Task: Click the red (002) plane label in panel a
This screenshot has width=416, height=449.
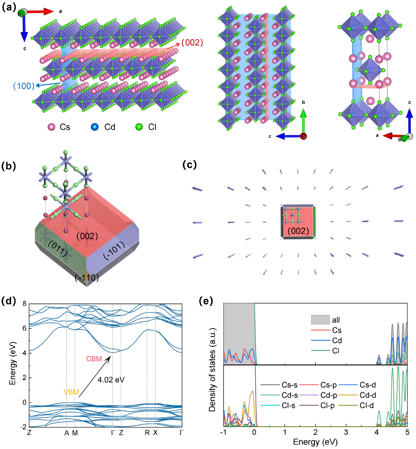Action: (x=192, y=43)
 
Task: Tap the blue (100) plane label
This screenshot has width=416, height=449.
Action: (x=24, y=86)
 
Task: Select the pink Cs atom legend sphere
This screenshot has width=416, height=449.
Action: (x=51, y=127)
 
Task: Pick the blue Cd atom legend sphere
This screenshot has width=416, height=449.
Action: (x=95, y=127)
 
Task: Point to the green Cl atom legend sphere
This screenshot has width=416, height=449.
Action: (x=139, y=127)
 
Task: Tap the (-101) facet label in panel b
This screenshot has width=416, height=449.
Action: (x=114, y=251)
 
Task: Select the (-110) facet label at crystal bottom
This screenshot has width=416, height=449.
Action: (x=87, y=278)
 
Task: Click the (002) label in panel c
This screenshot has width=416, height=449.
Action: (x=298, y=231)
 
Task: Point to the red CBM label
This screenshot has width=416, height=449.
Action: (x=94, y=359)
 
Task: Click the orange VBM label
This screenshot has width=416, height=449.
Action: (x=71, y=392)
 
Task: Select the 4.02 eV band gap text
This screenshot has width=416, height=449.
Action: (x=111, y=380)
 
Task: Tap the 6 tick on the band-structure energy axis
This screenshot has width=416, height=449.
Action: (x=24, y=328)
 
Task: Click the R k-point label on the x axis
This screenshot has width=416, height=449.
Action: (x=147, y=433)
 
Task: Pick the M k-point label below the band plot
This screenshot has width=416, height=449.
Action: (x=75, y=433)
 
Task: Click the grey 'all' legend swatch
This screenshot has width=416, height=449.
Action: (x=320, y=320)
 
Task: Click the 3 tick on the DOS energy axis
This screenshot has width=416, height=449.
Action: (x=346, y=432)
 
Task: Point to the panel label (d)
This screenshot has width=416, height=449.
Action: (x=9, y=301)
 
